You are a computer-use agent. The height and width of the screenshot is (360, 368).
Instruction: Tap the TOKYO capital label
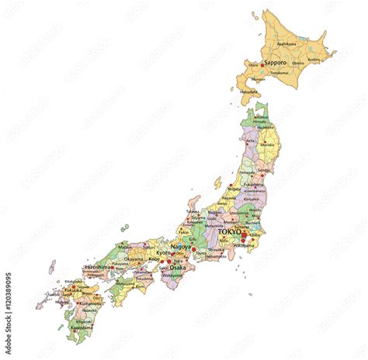tap(230, 232)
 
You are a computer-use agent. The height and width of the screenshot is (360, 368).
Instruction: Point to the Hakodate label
tap(249, 92)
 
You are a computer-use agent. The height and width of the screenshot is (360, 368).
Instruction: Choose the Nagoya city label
tap(180, 247)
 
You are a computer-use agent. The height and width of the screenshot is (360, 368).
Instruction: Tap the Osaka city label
tap(178, 268)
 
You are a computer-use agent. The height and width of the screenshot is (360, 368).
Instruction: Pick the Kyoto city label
tap(162, 254)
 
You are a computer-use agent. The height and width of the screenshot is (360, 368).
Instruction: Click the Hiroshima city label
tap(98, 267)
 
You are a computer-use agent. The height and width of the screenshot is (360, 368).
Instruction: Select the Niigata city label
tap(234, 188)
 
